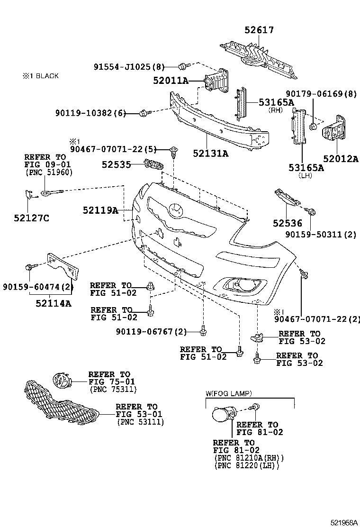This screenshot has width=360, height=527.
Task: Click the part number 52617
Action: (259, 30)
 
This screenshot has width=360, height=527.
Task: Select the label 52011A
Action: (171, 81)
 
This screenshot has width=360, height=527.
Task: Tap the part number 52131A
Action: (210, 153)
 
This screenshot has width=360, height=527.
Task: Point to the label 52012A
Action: (341, 159)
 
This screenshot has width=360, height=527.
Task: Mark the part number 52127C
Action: (32, 218)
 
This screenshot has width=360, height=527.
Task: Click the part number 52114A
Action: (53, 303)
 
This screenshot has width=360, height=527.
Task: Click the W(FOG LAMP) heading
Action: (228, 393)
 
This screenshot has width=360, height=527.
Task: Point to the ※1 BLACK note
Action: (40, 76)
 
